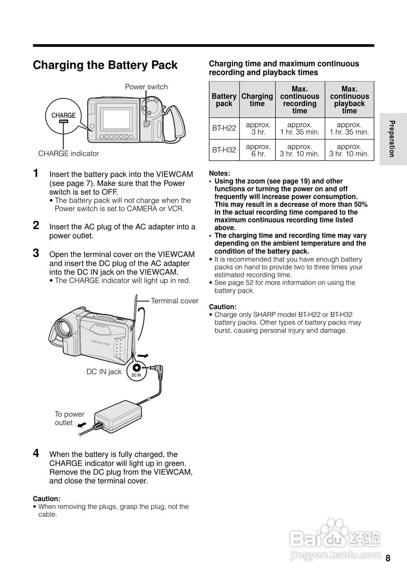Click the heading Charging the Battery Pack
pyautogui.click(x=105, y=65)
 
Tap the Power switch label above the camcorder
pyautogui.click(x=146, y=87)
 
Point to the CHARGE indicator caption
pyautogui.click(x=68, y=154)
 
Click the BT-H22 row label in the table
pyautogui.click(x=224, y=128)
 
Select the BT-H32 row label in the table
pyautogui.click(x=224, y=150)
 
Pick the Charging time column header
pyautogui.click(x=257, y=100)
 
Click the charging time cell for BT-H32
pyautogui.click(x=258, y=150)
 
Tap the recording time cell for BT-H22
pyautogui.click(x=299, y=128)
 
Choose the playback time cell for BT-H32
pyautogui.click(x=349, y=150)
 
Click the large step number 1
pyautogui.click(x=36, y=173)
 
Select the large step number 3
pyautogui.click(x=36, y=253)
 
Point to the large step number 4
pyautogui.click(x=36, y=453)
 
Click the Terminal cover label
pyautogui.click(x=174, y=301)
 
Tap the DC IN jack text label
pyautogui.click(x=104, y=372)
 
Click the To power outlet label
pyautogui.click(x=69, y=418)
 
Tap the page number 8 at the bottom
pyautogui.click(x=388, y=558)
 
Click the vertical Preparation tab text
pyautogui.click(x=392, y=139)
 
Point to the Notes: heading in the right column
pyautogui.click(x=220, y=173)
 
